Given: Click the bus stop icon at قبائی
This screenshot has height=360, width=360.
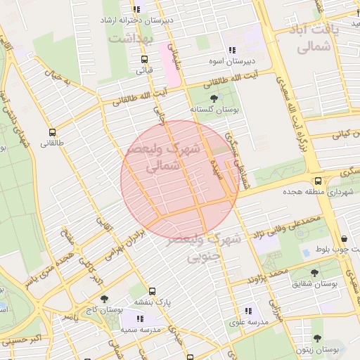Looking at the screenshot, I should pos(144,60).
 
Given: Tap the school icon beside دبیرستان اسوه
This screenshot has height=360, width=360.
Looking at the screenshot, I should pos(231,50).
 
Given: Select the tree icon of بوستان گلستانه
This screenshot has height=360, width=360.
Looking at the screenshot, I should pos(214,99).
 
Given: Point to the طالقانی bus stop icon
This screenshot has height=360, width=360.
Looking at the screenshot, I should pos(51,132).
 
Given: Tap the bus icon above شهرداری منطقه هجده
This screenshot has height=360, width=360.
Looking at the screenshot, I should pos(318,181).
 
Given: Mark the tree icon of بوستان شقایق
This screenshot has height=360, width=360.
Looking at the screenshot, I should pos(314,272).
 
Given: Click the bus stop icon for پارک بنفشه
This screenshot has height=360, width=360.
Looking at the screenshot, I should pos(152,290).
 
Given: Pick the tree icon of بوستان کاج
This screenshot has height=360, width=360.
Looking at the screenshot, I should pos(104,299).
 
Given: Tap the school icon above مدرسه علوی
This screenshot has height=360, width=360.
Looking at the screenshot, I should pos(247,311).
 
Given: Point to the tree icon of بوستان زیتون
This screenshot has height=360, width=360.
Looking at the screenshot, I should pos(316,338).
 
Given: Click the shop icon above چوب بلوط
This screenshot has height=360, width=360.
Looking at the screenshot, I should pos(343,239).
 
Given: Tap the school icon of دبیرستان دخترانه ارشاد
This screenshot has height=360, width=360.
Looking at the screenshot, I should pos(137,10).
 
